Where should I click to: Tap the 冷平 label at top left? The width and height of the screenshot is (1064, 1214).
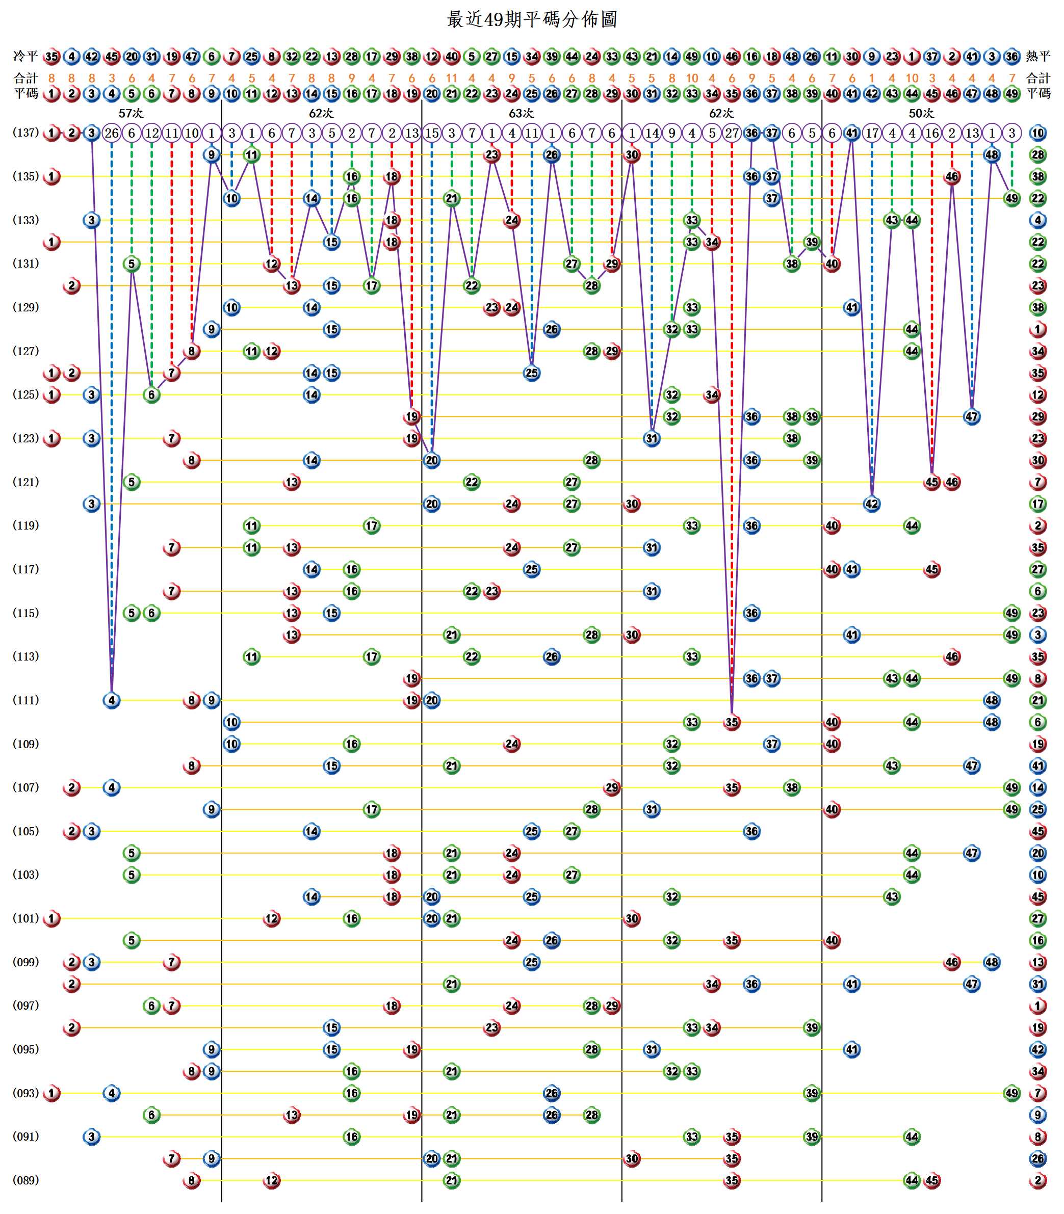coord(25,57)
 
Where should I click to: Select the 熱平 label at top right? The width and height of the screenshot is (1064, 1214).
coord(1038,57)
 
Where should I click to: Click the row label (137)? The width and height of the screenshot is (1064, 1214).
coord(25,133)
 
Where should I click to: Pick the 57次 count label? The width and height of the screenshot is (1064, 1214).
coord(131,113)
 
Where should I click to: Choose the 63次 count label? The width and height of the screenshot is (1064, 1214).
coord(522,113)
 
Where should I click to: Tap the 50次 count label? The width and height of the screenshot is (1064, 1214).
coord(921,113)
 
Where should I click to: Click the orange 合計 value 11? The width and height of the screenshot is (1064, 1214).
coord(451,78)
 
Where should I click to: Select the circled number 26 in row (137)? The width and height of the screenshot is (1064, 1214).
coord(112,133)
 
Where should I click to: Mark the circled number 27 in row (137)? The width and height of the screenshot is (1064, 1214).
coord(732,133)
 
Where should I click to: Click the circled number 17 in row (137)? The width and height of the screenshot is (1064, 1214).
coord(872,133)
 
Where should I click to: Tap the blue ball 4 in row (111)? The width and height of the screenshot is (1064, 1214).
coord(112,700)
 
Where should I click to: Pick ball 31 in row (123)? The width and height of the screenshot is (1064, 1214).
coord(652,439)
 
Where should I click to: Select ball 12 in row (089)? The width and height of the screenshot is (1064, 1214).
coord(271,1180)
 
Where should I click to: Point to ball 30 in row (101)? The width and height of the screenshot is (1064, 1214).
coord(632,918)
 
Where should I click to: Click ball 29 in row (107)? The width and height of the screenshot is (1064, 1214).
coord(612,788)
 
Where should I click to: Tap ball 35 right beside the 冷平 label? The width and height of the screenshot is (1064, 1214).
coord(51,57)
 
